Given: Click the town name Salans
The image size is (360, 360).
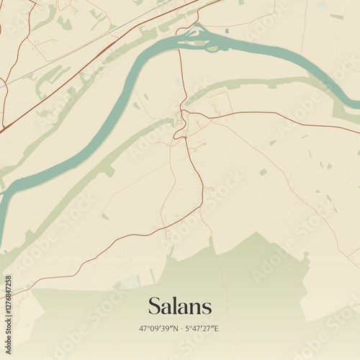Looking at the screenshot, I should (x=180, y=306).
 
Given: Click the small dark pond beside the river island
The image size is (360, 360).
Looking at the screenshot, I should (x=227, y=31).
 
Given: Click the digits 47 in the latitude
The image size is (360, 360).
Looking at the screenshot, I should (x=143, y=328).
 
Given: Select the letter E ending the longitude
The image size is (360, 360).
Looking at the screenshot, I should (x=217, y=328).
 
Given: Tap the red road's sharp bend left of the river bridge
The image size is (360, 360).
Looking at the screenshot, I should (x=178, y=32).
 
